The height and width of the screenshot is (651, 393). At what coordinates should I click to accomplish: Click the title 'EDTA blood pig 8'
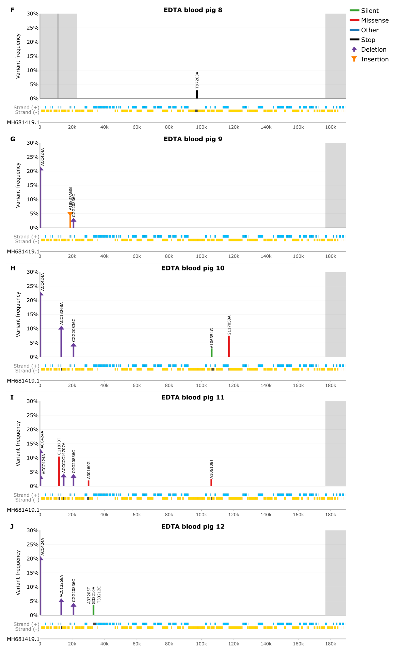pos(193,10)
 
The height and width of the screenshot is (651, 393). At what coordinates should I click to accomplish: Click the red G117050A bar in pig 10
pos(229,346)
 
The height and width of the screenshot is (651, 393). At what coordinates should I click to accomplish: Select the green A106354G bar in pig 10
pos(212,353)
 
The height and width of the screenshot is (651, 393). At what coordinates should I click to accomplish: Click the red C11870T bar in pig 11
pos(59,471)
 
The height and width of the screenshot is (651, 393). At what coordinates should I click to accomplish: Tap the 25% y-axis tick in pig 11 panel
pos(33,415)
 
